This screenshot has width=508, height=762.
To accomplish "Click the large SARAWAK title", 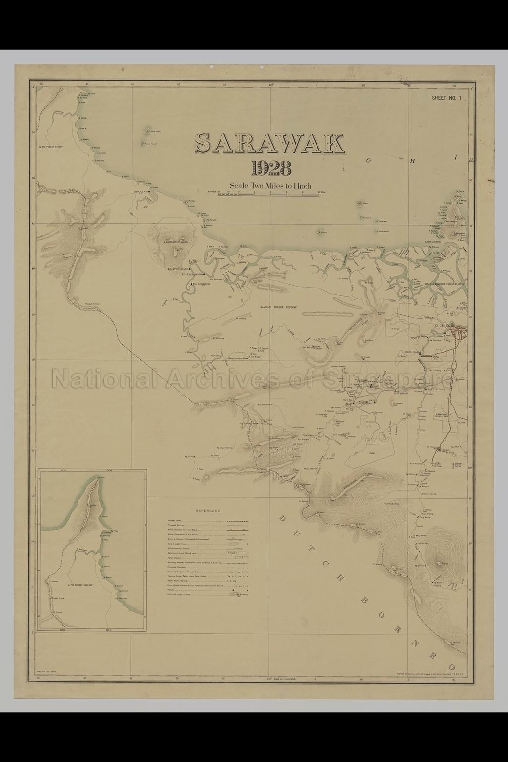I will [270, 144].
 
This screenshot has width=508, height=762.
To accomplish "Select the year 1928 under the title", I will [271, 169].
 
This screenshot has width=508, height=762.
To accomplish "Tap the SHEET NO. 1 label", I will [446, 98].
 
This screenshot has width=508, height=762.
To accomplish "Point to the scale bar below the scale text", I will [270, 194].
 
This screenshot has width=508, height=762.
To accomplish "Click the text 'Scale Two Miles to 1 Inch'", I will [270, 186].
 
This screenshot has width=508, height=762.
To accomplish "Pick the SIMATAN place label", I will [141, 191].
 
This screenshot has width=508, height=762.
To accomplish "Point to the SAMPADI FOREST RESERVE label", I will [278, 307].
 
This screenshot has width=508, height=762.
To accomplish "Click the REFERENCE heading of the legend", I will [208, 510].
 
